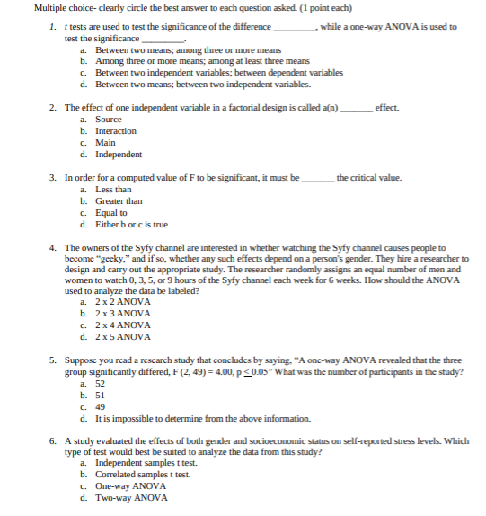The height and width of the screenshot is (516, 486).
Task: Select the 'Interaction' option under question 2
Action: pos(116,131)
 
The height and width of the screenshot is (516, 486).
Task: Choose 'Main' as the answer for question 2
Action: pos(105,143)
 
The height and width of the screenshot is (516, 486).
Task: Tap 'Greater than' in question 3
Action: pos(119,201)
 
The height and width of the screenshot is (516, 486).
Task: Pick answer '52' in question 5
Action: pos(100,384)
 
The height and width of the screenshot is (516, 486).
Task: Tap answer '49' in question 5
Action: pos(100,407)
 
